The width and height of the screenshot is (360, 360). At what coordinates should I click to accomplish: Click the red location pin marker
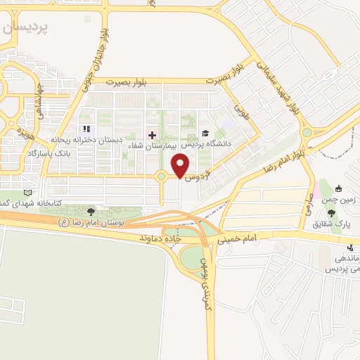coord(181,165)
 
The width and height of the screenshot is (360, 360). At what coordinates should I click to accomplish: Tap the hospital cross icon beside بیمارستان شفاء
coord(152,134)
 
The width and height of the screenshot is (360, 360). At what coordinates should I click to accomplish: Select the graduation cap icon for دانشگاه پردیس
coord(205,133)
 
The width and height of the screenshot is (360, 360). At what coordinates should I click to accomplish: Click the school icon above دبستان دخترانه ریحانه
coord(87,129)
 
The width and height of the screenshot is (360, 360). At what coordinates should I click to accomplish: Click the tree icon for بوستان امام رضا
coord(91,211)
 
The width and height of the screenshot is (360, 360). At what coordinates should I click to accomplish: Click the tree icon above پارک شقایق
coord(331,212)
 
